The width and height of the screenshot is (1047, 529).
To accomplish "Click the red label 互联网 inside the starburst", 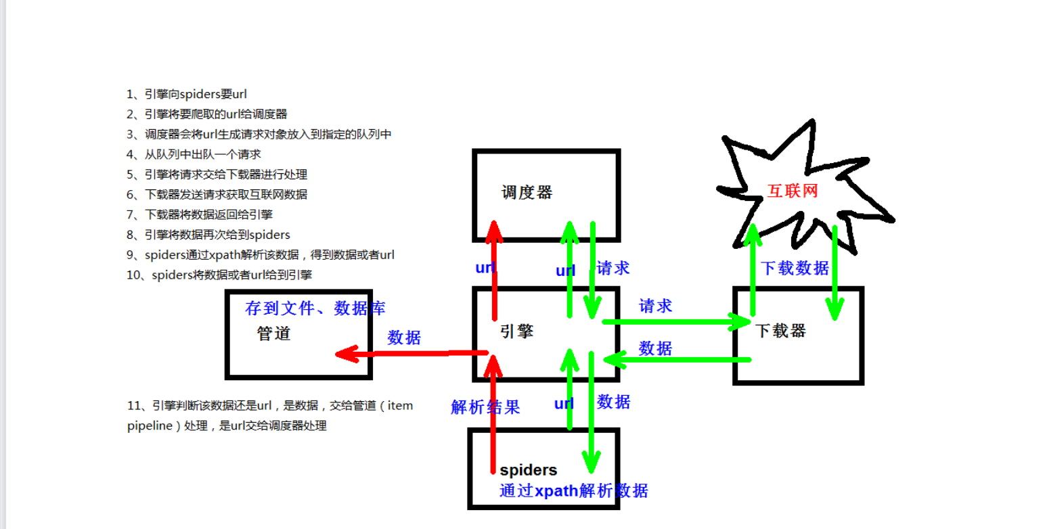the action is pos(793,191).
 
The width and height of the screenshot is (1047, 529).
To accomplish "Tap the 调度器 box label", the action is pos(527,193).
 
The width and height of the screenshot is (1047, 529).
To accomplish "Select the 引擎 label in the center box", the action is pos(516,331).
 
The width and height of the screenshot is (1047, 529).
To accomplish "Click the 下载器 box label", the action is pos(780,331).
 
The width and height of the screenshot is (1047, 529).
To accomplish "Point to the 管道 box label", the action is pos(274,333).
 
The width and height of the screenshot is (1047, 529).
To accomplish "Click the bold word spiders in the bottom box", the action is pos(529,469).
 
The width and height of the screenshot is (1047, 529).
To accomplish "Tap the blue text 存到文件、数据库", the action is pos(315,308).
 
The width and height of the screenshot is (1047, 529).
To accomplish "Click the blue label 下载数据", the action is pos(795,268).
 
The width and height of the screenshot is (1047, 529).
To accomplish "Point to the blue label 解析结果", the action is pos(485,407).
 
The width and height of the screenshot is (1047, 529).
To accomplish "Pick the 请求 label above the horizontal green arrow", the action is pos(656,306).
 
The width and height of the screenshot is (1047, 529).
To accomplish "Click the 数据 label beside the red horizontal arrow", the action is pos(404,338).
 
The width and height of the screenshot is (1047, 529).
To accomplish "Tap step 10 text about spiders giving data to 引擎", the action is pos(219,275).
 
